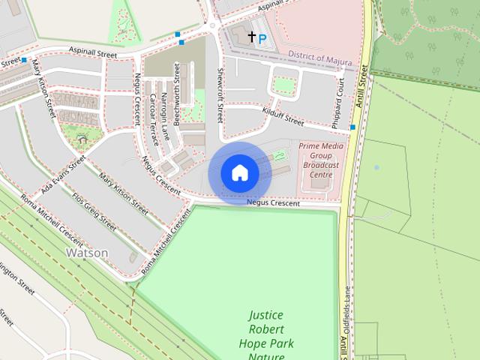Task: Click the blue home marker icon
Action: tap(239, 173)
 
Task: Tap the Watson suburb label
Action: tap(87, 253)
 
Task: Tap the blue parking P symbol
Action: tap(262, 37)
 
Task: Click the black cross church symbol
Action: tap(251, 36)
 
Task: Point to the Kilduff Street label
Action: tap(283, 115)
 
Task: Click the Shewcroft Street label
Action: tap(220, 94)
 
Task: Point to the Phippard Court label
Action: tap(340, 97)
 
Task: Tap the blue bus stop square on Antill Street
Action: tap(352, 127)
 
